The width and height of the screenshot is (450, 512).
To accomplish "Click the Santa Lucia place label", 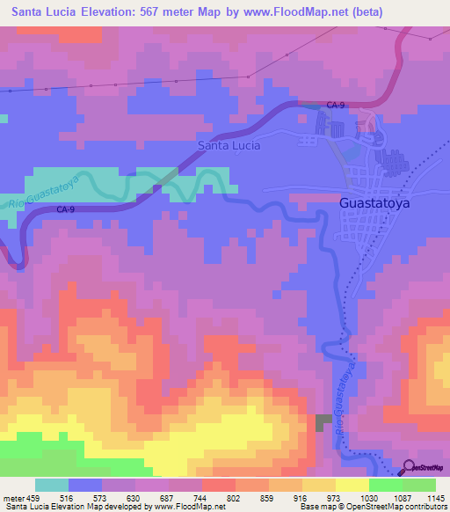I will pos(229,145).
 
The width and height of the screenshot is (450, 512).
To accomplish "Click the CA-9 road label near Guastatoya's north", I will pos(335,106).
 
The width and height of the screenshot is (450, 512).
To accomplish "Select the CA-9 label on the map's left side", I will pos(66,209).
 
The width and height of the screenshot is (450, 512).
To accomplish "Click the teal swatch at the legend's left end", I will pos(52,485).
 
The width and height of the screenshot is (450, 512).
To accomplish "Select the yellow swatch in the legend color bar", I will pos(352,485).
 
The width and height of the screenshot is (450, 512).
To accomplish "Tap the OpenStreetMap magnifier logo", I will pos(409,467).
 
